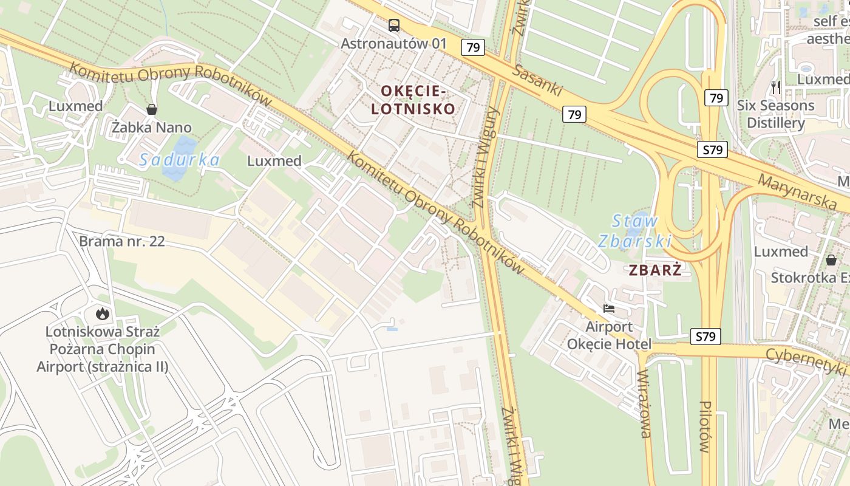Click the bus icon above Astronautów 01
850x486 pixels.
(394, 26)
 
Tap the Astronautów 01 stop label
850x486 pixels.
(393, 44)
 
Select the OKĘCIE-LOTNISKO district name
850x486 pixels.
(418, 100)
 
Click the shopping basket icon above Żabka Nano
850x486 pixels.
(151, 109)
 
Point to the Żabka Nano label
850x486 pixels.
(151, 128)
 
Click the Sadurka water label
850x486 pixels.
(178, 160)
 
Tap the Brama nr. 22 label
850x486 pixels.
(122, 241)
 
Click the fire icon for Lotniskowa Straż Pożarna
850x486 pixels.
(102, 314)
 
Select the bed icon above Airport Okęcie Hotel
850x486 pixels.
(609, 309)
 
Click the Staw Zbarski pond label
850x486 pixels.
(634, 231)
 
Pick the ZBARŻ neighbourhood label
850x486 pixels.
(655, 270)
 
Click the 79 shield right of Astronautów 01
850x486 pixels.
(472, 47)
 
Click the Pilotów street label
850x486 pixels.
(705, 426)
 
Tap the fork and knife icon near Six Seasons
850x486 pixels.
(775, 87)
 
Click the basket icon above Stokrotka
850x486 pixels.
(831, 260)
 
